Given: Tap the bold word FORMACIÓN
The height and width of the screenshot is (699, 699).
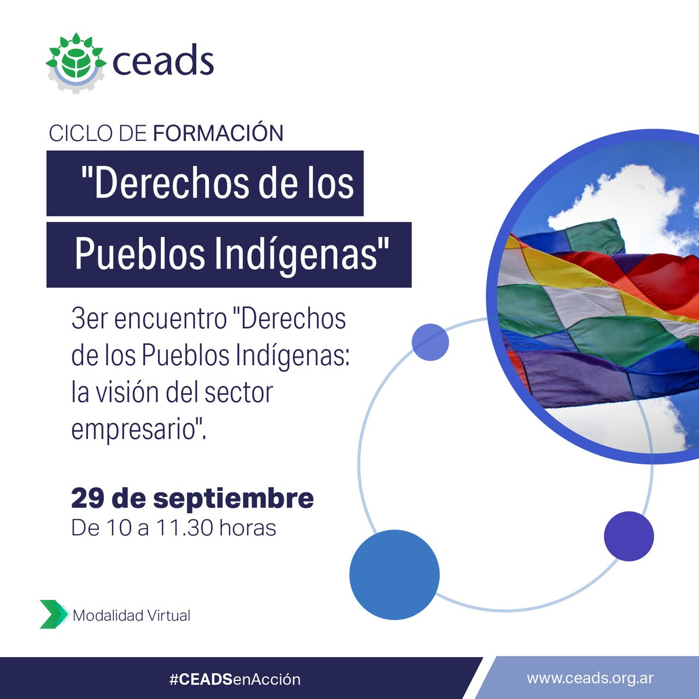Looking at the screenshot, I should click(x=218, y=133).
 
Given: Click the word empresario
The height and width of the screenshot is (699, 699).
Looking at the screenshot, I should click(x=136, y=429).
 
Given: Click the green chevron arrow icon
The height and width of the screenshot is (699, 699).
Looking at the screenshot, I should click(x=53, y=614).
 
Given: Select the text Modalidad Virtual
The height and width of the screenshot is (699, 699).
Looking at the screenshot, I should click(x=132, y=615).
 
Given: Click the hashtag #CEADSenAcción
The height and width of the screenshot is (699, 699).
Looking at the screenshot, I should click(x=235, y=679).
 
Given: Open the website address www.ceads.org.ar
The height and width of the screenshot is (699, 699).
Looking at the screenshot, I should click(x=590, y=679).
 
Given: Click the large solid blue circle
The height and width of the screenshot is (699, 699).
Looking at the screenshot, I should click(x=394, y=574).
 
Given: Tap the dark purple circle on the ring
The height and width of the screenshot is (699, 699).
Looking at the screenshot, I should click(x=629, y=536).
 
